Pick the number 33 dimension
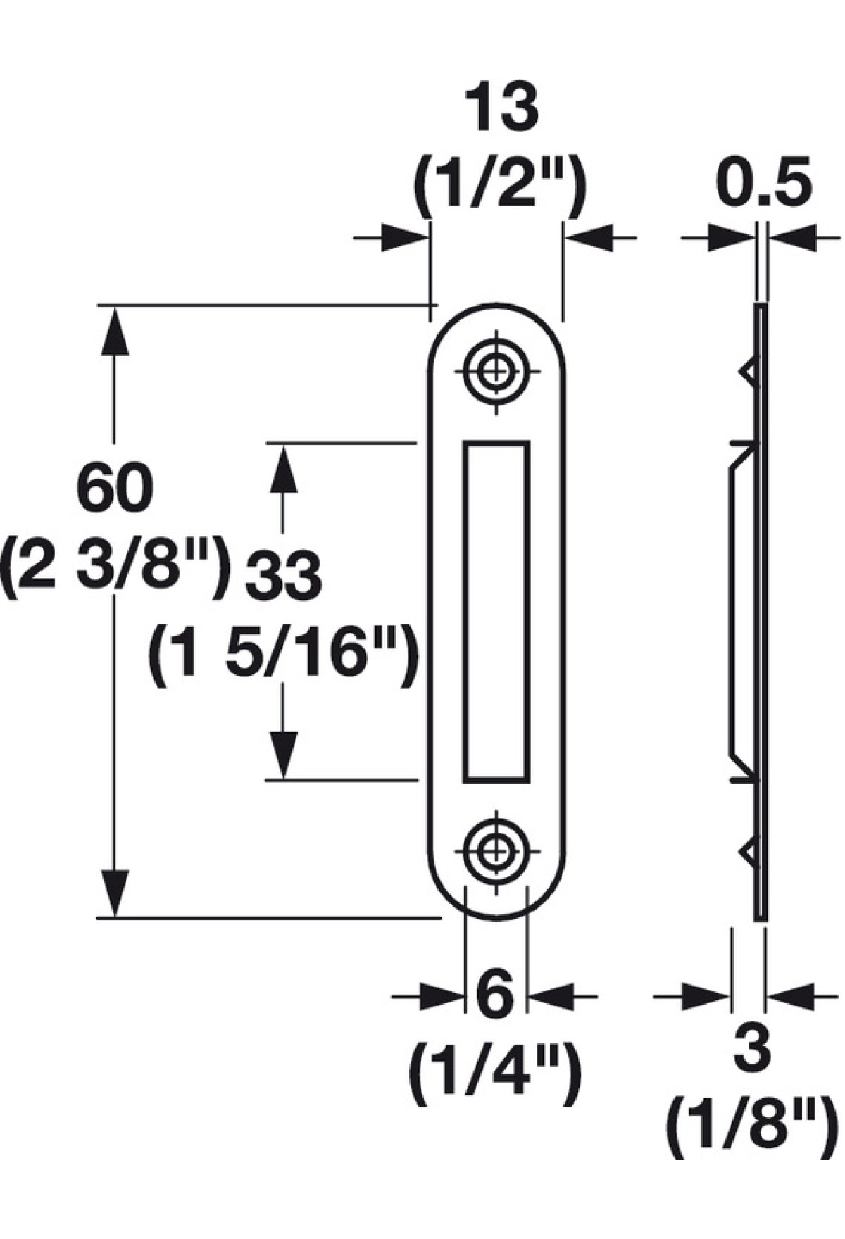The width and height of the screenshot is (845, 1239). (283, 576)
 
